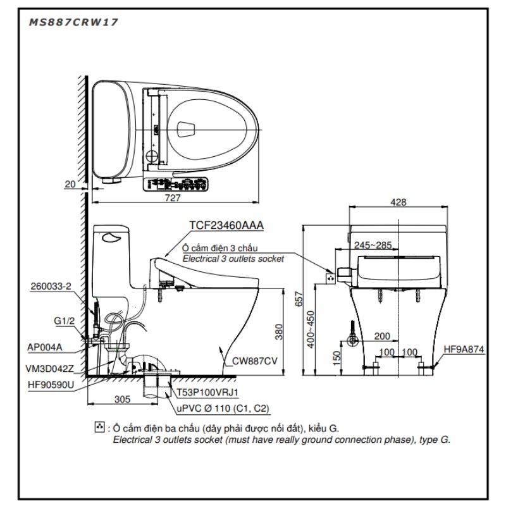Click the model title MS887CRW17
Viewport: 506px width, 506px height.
click(73, 22)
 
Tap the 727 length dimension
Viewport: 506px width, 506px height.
click(173, 197)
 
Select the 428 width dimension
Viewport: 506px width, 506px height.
click(398, 202)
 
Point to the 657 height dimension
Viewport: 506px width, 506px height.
click(299, 299)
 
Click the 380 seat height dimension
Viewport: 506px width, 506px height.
click(279, 331)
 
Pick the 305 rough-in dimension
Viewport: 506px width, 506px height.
click(122, 399)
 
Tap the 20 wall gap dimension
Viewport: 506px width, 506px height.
click(70, 184)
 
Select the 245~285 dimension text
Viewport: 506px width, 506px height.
click(373, 245)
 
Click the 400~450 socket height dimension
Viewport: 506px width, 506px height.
click(311, 329)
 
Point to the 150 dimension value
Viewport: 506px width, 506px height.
click(336, 358)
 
